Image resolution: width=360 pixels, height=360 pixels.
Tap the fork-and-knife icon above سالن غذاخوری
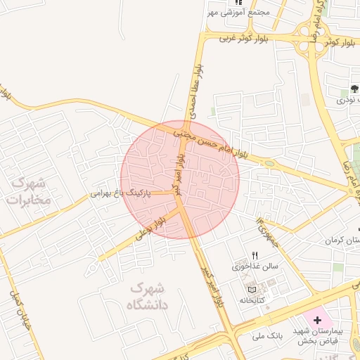(255, 256)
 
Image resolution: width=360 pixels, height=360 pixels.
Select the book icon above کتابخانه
(252, 289)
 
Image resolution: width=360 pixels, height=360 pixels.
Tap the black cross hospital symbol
(317, 319)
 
